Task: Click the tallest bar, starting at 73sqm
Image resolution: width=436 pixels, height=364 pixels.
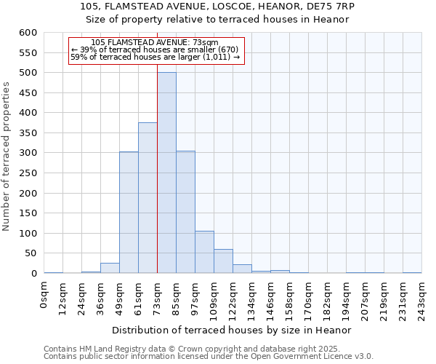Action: [x=166, y=173]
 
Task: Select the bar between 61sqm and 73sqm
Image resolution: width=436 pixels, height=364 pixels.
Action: [x=148, y=197]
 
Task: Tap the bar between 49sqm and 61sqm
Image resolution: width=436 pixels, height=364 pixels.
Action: [x=129, y=212]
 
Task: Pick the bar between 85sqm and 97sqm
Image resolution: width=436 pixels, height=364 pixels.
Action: [x=185, y=212]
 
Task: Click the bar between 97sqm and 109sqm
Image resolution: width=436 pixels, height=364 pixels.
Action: [x=204, y=252]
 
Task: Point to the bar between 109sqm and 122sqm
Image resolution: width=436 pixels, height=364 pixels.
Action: [x=223, y=261]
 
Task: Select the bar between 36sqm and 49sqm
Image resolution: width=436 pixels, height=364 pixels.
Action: [x=110, y=268]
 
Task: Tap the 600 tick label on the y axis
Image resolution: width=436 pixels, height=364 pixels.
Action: [x=28, y=33]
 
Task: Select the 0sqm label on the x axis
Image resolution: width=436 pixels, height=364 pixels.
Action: [x=44, y=295]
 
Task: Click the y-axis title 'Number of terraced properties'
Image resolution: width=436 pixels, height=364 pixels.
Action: [x=7, y=157]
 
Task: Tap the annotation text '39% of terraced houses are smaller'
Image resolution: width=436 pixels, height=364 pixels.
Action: [x=155, y=50]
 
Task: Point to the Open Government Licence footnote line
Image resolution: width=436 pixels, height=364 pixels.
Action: [x=209, y=357]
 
